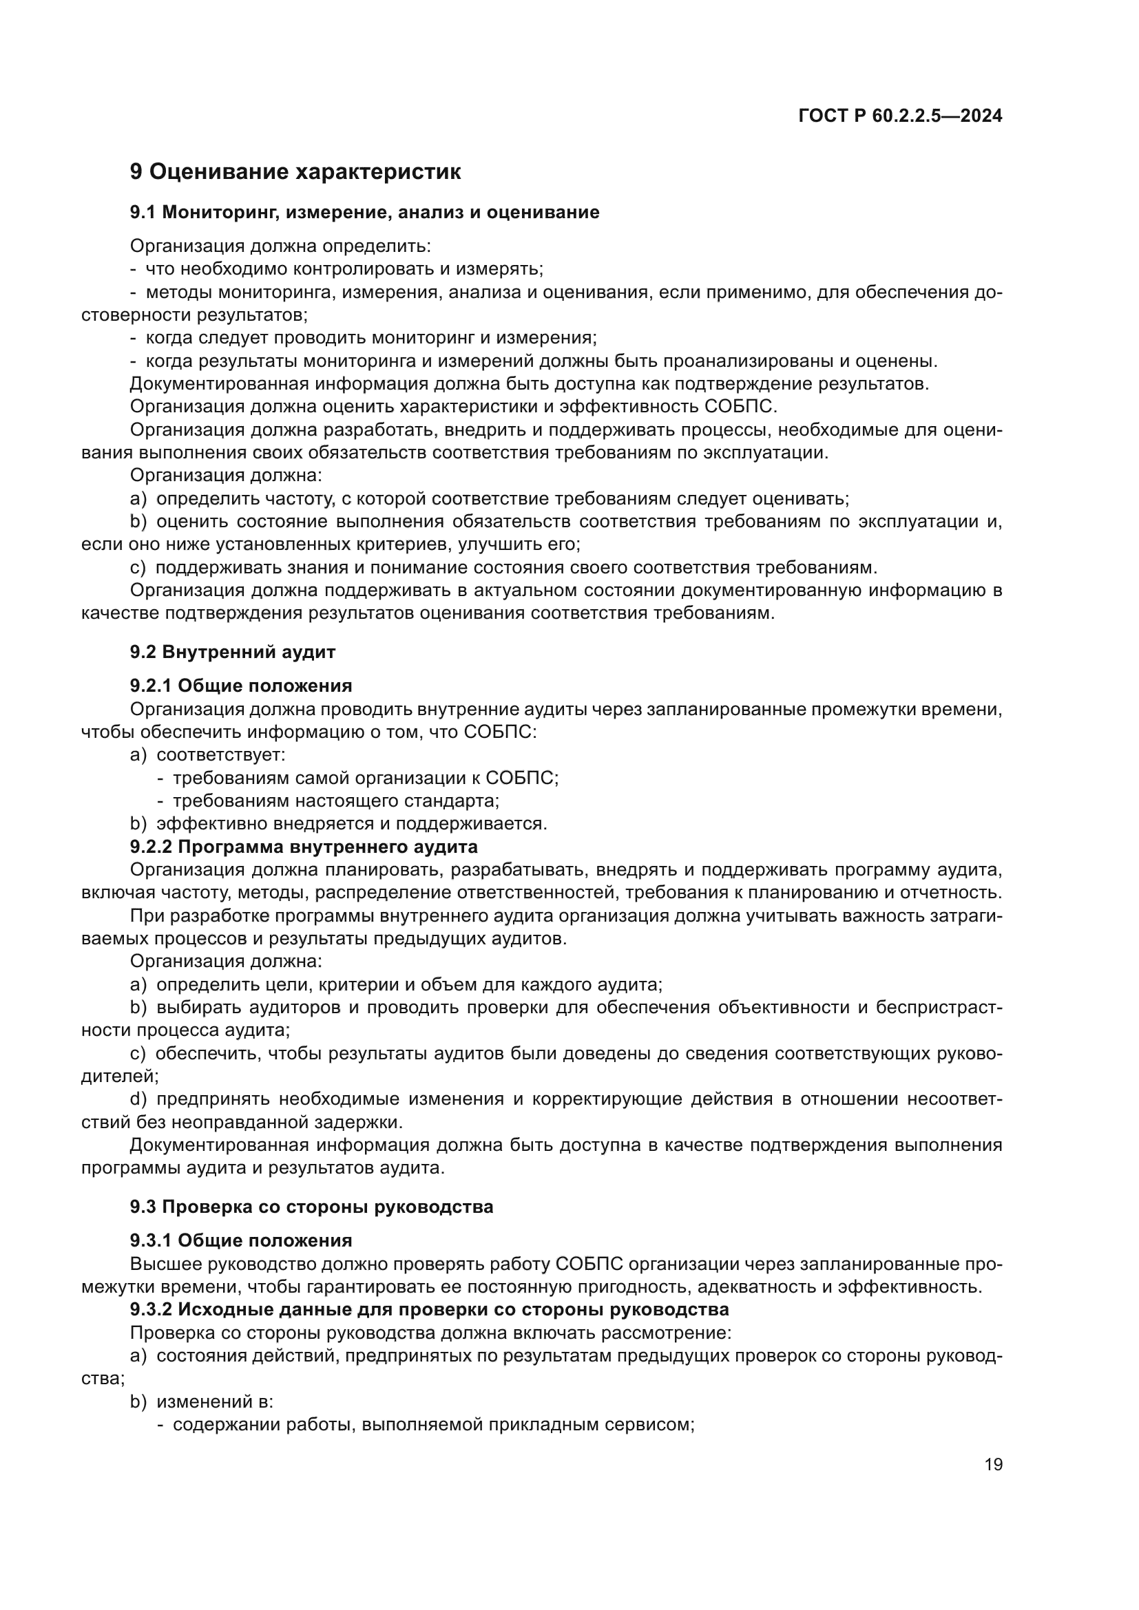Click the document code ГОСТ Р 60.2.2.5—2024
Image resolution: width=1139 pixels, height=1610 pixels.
click(x=900, y=116)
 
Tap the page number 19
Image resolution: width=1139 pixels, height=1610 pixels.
click(x=993, y=1464)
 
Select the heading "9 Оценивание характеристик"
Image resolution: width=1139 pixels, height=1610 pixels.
click(x=295, y=172)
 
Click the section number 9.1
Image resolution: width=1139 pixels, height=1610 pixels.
click(x=143, y=213)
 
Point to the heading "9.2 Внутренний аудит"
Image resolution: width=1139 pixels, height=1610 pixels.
click(x=232, y=652)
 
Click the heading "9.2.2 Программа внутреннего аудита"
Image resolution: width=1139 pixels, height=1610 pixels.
click(x=304, y=847)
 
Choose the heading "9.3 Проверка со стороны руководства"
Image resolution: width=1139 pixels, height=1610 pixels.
click(x=311, y=1207)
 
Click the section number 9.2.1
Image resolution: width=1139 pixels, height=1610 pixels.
click(x=151, y=685)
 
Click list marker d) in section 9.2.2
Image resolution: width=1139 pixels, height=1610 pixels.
click(x=138, y=1099)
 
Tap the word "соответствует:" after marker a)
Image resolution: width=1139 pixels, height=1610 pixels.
click(x=221, y=754)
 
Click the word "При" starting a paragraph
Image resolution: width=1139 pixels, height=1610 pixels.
click(x=145, y=915)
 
